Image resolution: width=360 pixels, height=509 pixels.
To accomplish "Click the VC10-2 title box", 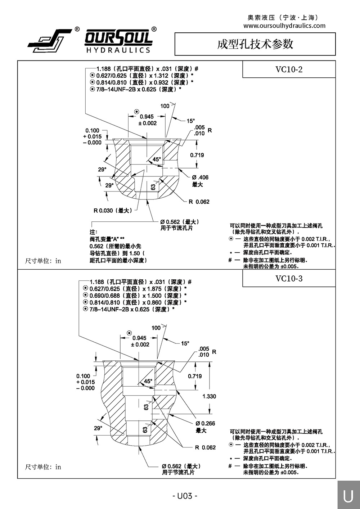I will pos(289,69).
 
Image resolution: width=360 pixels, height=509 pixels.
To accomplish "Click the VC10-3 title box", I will pos(289,278).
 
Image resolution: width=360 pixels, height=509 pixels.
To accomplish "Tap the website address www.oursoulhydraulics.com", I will pos(284,26).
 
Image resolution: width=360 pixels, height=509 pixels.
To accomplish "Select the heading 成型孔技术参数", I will pos(255,44).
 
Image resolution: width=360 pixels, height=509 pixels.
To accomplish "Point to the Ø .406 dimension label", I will pos(200,177).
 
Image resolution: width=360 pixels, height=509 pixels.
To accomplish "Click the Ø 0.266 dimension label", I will pos(205,423).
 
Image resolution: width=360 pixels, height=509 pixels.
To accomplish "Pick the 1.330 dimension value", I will pos(209,396).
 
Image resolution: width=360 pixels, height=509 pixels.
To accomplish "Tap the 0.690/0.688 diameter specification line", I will pos(137,296).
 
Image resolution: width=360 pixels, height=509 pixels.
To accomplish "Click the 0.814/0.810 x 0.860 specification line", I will pos(137,302).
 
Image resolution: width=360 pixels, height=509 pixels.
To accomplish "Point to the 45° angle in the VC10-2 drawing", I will pos(157,159).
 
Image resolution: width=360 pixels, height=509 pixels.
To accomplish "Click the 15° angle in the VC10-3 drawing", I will pos(185,344).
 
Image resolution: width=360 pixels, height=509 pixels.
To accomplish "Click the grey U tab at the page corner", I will pos(348,496).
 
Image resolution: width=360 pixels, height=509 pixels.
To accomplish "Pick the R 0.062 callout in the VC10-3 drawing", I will pos(205,447).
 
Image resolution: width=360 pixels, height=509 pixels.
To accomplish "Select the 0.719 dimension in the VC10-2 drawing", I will pos(197,155).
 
